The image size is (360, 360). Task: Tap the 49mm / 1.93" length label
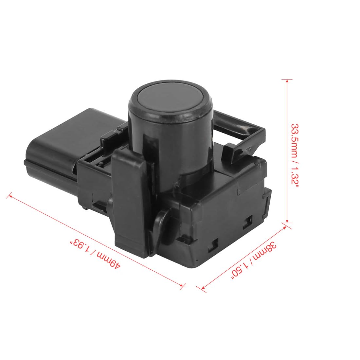tap(95, 254)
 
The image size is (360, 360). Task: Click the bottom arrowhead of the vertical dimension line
tap(287, 221)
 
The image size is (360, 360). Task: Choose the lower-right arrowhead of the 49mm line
tap(182, 285)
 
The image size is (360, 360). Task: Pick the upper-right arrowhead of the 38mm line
tap(285, 228)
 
